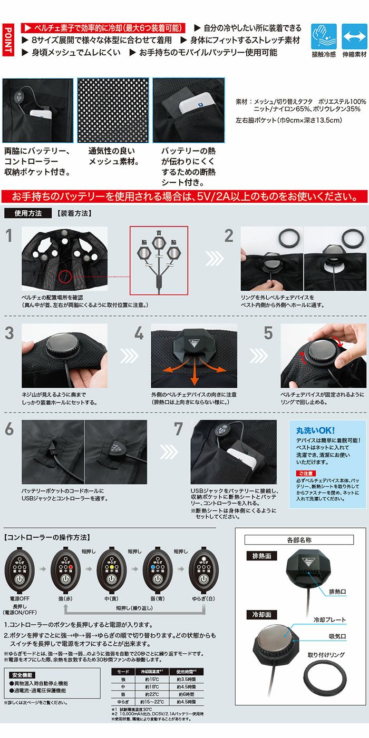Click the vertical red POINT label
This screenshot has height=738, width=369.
coord(8,40)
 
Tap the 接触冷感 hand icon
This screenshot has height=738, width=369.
coord(323,36)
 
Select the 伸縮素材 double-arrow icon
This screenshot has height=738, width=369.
coord(354,36)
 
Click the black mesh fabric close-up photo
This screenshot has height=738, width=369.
coord(113,110)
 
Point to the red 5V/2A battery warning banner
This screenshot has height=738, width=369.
coord(184,196)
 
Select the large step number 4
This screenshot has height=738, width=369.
coord(139,333)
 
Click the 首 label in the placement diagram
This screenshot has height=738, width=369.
coord(159,233)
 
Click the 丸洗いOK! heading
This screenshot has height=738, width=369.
coord(315,430)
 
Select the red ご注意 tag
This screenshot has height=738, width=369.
coord(305,473)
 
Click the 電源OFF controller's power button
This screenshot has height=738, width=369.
coord(20,579)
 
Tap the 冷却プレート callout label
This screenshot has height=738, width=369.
coord(329,620)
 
